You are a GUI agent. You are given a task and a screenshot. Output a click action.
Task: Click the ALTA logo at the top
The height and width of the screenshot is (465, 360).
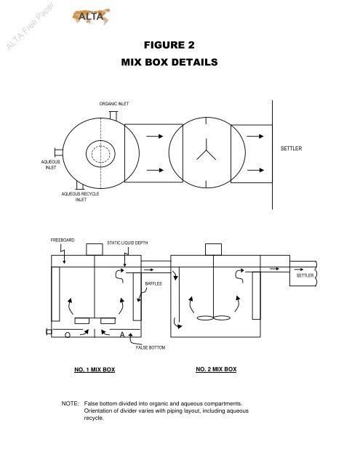[92, 16]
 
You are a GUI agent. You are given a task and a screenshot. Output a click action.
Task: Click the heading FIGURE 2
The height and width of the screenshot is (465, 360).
[169, 45]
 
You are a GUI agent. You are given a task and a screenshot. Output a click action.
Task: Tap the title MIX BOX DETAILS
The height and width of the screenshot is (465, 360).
[169, 62]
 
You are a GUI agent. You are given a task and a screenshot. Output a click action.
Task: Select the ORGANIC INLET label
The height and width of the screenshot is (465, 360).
[114, 104]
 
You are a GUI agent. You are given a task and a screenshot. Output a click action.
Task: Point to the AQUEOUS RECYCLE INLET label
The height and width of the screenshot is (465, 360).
[81, 197]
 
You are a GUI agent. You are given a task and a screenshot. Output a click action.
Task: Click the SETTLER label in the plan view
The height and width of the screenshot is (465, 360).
[291, 148]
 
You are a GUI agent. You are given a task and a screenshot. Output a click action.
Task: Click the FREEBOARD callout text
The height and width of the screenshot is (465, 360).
[63, 240]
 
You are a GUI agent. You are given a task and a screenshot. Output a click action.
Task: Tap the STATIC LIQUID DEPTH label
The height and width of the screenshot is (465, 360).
[127, 243]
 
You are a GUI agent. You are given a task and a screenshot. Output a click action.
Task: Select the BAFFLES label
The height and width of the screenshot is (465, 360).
[153, 284]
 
